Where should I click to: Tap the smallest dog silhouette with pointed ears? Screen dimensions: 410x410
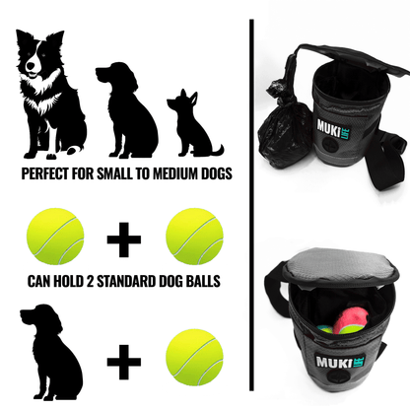191,125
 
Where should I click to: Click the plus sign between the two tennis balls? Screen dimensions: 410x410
125,239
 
